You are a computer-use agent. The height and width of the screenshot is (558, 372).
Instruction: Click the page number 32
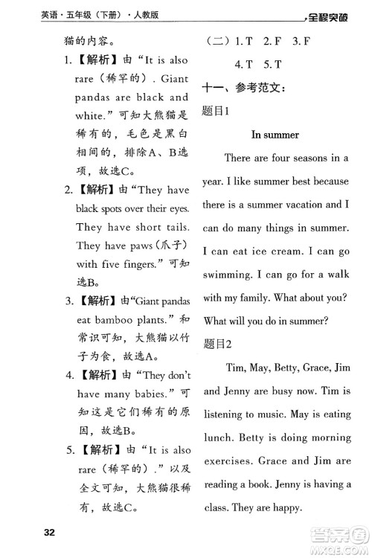point(49,532)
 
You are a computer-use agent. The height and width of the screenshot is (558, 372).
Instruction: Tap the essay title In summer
point(275,135)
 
